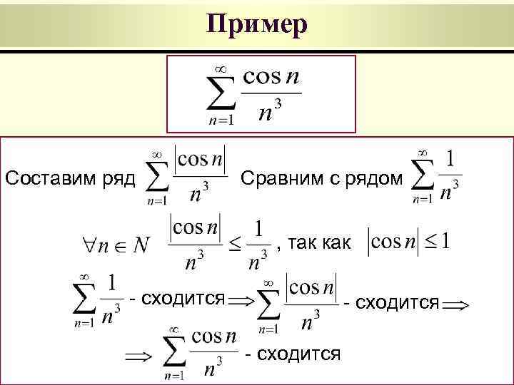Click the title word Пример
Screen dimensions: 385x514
coord(257,25)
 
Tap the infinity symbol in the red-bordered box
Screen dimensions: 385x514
coord(219,68)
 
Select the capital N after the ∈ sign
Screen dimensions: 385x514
coord(141,245)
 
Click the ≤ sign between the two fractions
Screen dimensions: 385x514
coord(235,247)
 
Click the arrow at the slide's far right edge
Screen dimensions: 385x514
coord(455,304)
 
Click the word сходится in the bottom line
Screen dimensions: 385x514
coord(298,354)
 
